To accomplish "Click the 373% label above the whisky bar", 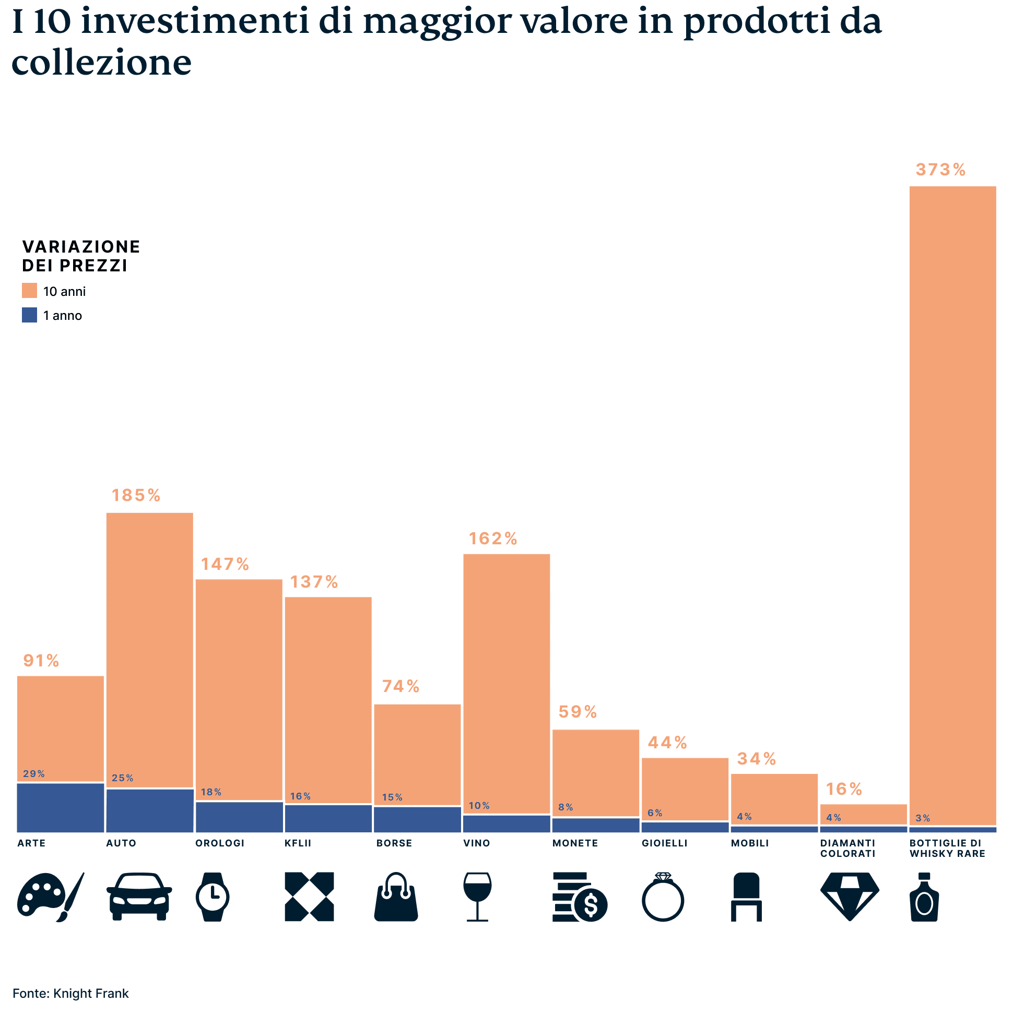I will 940,170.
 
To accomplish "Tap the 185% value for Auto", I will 136,495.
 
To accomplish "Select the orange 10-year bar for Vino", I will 506,683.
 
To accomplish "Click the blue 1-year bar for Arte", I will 61,807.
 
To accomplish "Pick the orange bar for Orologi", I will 239,688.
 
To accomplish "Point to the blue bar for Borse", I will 417,819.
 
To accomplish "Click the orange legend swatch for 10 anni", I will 29,291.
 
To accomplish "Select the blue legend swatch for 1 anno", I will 29,315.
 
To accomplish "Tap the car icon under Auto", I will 139,897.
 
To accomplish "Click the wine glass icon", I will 477,897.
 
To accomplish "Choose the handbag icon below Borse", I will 396,897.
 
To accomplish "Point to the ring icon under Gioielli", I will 663,897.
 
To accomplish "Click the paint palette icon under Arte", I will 51,897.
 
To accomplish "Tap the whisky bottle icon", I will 924,897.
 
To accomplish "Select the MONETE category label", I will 574,843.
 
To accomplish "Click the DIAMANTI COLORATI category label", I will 847,849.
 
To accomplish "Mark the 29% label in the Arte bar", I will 33,774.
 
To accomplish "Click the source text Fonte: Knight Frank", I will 70,994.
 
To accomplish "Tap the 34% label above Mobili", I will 756,759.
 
